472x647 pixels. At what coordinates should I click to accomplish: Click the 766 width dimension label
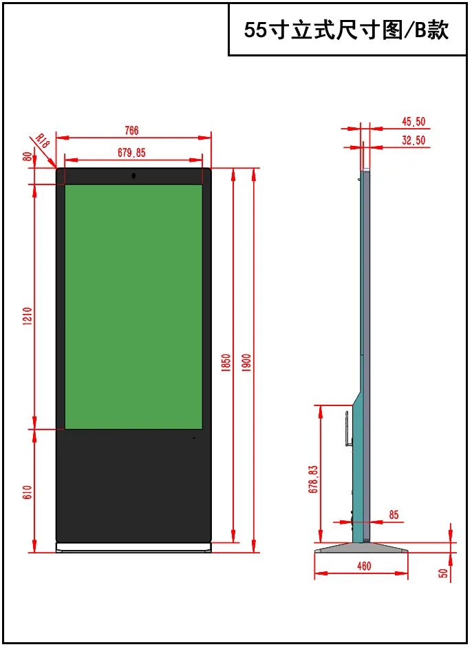pos(131,130)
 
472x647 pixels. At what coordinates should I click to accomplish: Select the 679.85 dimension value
pos(131,152)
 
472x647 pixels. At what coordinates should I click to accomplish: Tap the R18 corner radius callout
pos(43,141)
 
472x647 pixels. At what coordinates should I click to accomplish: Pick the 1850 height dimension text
pos(225,363)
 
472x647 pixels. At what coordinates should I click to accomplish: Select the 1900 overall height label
pos(246,363)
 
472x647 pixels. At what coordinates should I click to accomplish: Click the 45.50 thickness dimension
pos(414,122)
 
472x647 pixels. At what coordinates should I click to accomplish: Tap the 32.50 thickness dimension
pos(414,140)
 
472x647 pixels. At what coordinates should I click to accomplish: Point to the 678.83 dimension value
pos(314,479)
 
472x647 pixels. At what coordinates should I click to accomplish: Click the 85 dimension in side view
pos(394,515)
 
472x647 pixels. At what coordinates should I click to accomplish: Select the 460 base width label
pos(364,566)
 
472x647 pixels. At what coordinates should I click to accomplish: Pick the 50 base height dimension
pos(444,571)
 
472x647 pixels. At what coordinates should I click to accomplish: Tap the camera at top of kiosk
pos(133,176)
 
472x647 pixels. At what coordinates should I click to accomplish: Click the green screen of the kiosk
pos(133,306)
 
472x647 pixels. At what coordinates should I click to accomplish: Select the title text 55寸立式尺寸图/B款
pos(347,30)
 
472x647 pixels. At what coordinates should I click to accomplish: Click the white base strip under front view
pos(133,548)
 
